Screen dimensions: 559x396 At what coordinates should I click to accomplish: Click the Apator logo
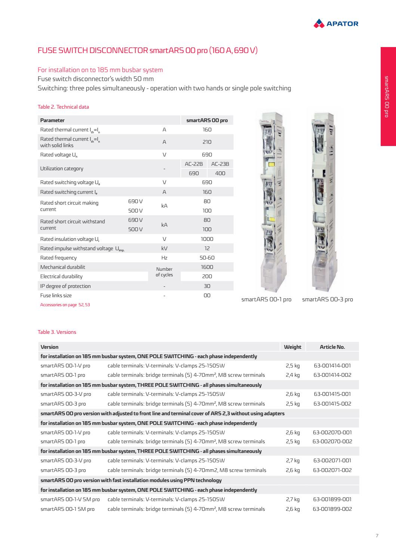click(x=335, y=24)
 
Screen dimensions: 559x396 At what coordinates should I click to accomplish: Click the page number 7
click(x=377, y=536)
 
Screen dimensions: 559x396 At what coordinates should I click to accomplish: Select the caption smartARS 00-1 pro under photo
click(x=266, y=299)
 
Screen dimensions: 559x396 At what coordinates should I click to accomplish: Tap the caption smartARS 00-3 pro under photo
click(x=327, y=299)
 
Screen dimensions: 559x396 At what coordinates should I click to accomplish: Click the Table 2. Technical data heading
click(x=63, y=107)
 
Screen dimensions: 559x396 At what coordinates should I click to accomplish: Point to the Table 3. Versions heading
click(x=57, y=332)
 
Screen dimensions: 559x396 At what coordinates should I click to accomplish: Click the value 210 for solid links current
click(x=207, y=142)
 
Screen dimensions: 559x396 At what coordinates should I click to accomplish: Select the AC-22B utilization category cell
click(x=194, y=164)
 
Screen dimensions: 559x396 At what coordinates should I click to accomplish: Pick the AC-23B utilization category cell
click(x=220, y=164)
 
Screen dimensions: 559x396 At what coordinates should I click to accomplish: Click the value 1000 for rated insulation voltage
click(x=207, y=239)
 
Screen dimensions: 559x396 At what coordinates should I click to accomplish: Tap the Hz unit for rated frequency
click(x=164, y=258)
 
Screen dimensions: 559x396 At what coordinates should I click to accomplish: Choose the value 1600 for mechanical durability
click(x=207, y=267)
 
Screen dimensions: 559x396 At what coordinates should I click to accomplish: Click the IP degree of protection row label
click(x=65, y=286)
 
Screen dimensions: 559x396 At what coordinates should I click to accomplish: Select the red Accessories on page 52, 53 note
click(x=65, y=305)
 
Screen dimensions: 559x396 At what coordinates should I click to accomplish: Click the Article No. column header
click(x=332, y=347)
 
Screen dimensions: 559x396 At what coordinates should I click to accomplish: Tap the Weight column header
click(x=292, y=347)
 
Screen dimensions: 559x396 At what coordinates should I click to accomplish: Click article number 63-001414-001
click(x=332, y=366)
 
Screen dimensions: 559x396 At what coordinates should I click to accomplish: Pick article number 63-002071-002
click(x=332, y=470)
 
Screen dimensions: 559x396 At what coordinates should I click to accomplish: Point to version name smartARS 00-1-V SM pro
click(x=70, y=499)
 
